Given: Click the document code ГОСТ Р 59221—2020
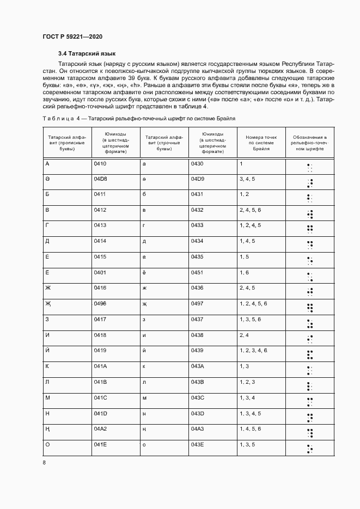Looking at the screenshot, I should coord(72,36).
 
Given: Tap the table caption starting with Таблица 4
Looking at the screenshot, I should coord(139,118).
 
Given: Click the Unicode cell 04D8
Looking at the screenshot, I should coord(100,179).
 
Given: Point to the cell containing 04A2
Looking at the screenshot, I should coord(100,429).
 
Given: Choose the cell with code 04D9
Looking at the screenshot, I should coord(197,179).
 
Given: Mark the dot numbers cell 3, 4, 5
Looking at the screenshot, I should coord(247,179).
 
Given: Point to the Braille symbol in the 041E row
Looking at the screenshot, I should coord(309,448).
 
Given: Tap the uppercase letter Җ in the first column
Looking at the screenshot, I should coord(48,304).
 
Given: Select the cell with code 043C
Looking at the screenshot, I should coord(197,398).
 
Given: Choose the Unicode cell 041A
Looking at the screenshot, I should coord(100,366).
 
